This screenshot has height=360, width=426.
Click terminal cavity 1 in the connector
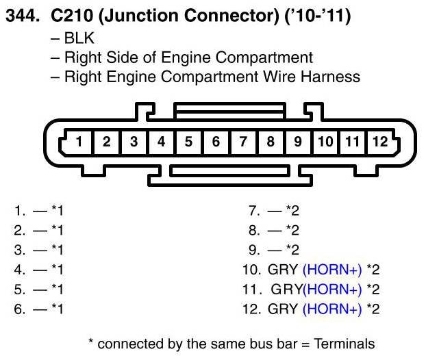79,142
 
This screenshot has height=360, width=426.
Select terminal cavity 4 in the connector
161,142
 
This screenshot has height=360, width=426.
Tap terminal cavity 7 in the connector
243,142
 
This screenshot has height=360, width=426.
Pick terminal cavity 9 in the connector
298,142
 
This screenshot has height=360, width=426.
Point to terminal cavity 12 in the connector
379,142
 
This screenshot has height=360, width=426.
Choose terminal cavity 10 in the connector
325,142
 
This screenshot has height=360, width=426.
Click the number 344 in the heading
23,17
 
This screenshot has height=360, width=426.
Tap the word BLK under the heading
80,39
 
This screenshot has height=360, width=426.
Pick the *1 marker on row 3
56,250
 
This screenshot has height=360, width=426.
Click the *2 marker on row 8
292,230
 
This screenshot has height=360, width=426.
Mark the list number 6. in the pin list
19,309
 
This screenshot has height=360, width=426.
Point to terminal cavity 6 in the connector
216,142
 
